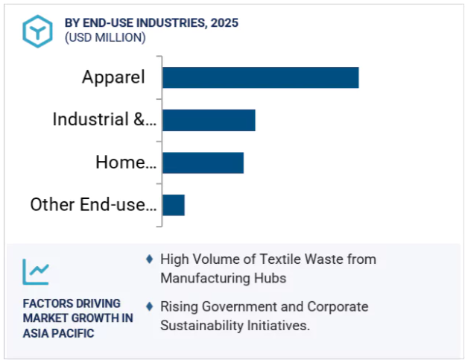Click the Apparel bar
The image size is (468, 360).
(x=261, y=78)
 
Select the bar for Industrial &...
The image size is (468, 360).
(x=209, y=120)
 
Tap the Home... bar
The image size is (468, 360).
(x=203, y=162)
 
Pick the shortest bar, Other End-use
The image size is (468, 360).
(x=174, y=205)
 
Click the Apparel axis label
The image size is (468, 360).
(x=113, y=78)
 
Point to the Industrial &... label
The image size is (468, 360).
(x=104, y=119)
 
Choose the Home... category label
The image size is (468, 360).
(x=126, y=162)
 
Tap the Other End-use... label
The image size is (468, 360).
(x=93, y=204)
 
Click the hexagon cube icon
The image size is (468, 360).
(x=37, y=31)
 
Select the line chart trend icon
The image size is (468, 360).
(x=36, y=271)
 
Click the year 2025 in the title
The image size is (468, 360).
(x=224, y=23)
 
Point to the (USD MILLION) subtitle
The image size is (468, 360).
(x=105, y=38)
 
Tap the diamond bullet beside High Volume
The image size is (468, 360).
(x=150, y=259)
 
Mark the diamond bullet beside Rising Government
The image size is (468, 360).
(x=150, y=306)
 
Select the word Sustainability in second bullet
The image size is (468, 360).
(x=197, y=326)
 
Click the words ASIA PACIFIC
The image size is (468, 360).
(x=58, y=333)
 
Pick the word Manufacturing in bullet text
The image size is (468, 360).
(x=205, y=278)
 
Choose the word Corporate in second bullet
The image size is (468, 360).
(x=338, y=307)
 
